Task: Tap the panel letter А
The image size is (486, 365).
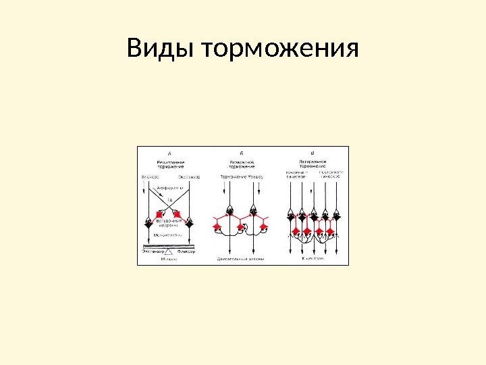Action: pos(169,153)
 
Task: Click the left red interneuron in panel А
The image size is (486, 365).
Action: pos(161,214)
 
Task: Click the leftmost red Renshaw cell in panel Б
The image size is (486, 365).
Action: pos(217,226)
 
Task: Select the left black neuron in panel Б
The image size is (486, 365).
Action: pos(230,212)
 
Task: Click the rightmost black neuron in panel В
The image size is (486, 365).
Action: pos(336,216)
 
